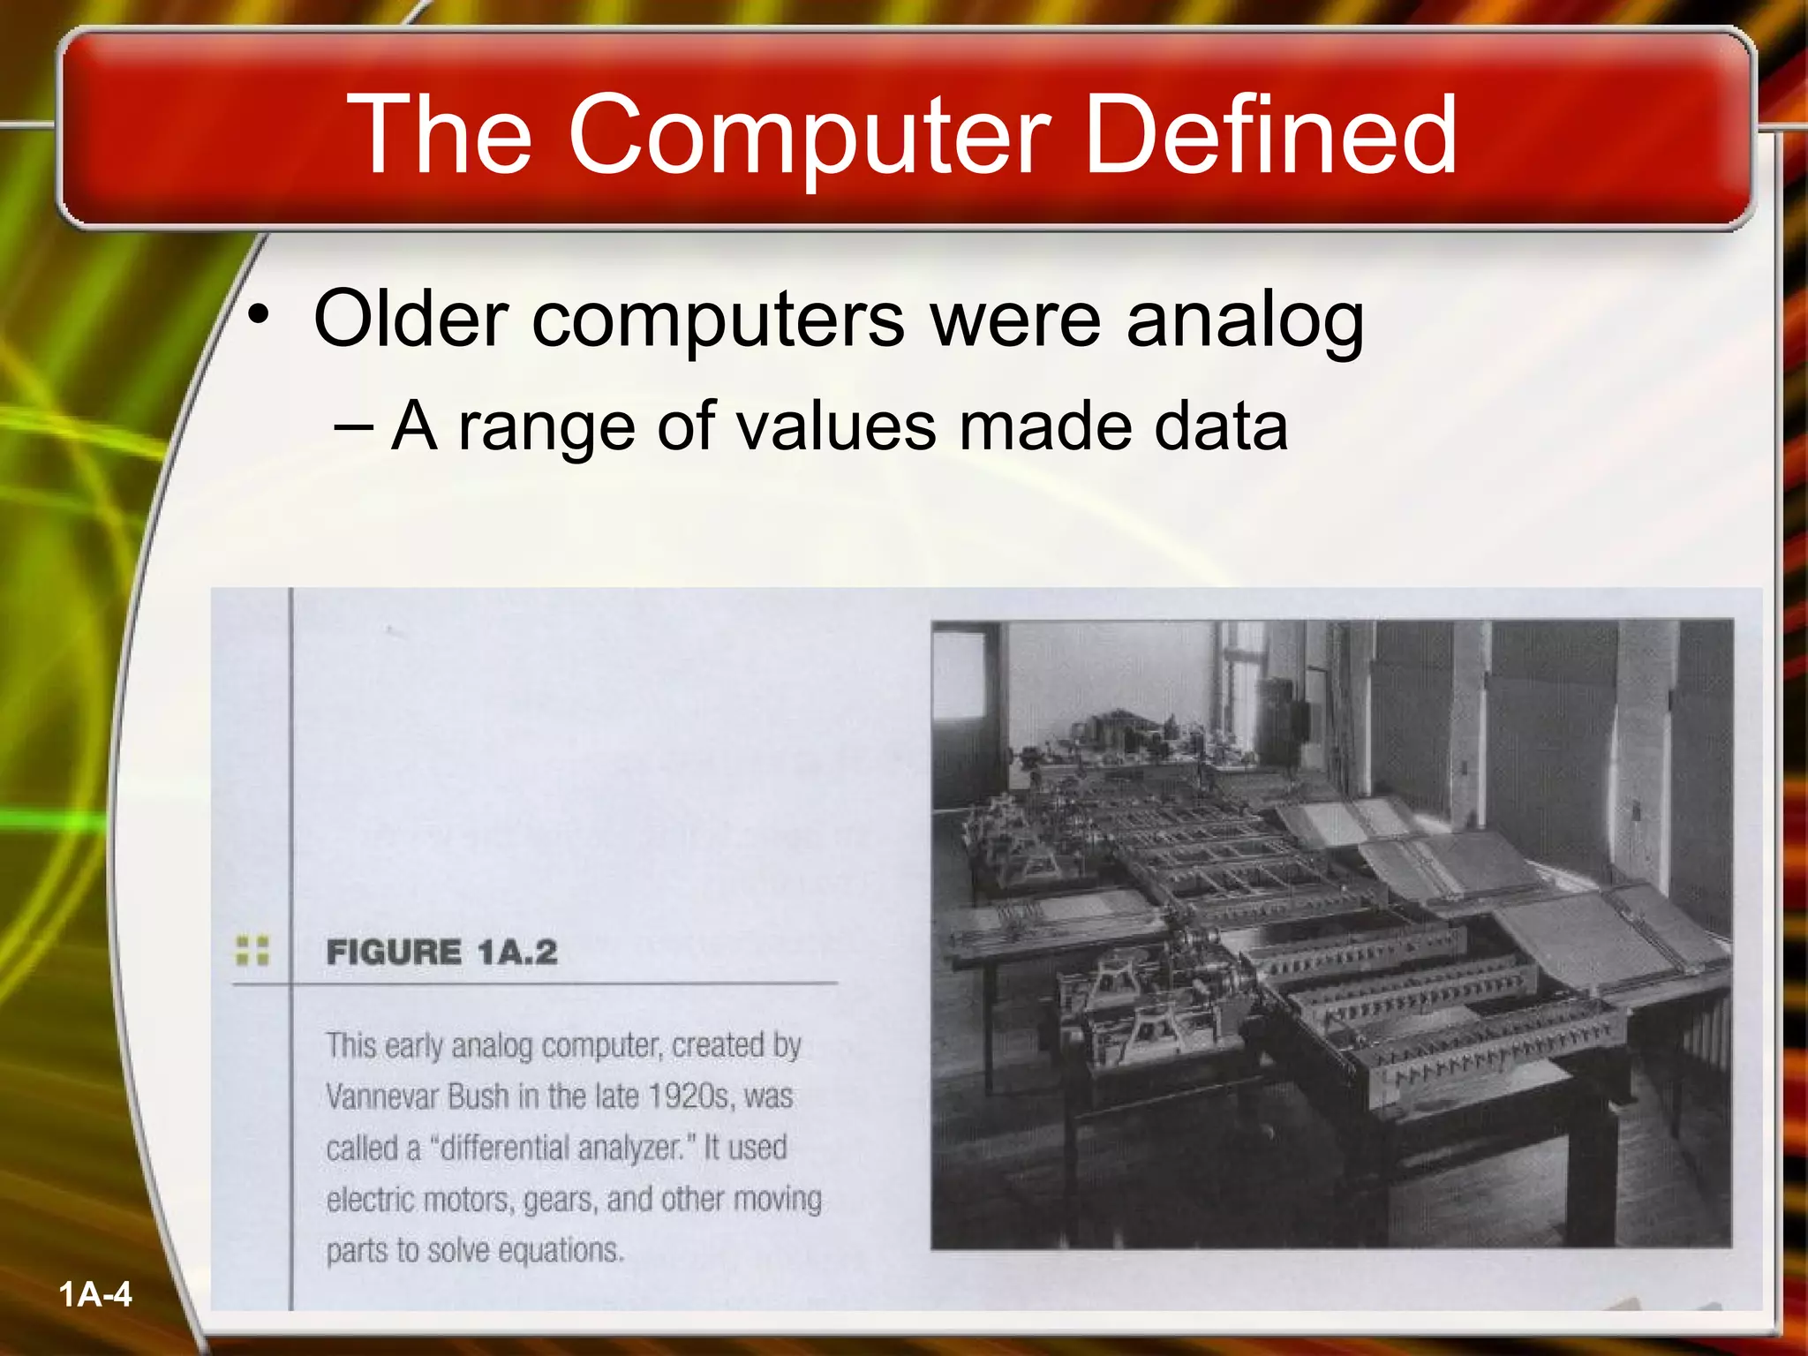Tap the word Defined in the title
(x=1270, y=135)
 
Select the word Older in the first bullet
(x=411, y=319)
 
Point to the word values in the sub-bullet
(x=835, y=426)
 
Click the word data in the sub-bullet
(x=1221, y=426)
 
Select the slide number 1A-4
(x=95, y=1295)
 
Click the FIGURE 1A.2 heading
(x=441, y=953)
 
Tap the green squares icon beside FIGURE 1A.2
(x=252, y=950)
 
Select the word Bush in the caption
(x=478, y=1097)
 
